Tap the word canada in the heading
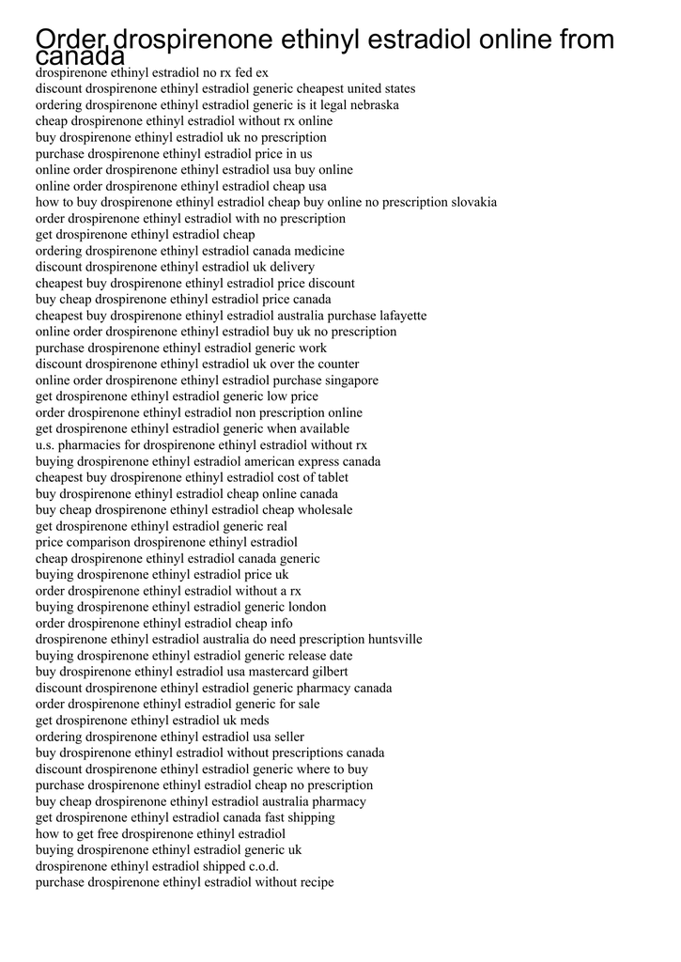coord(80,57)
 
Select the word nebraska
coord(374,105)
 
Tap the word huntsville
coord(395,639)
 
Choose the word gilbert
coord(328,672)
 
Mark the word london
coord(306,607)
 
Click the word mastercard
coord(276,672)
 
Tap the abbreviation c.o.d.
coord(263,866)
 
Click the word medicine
coord(318,251)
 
